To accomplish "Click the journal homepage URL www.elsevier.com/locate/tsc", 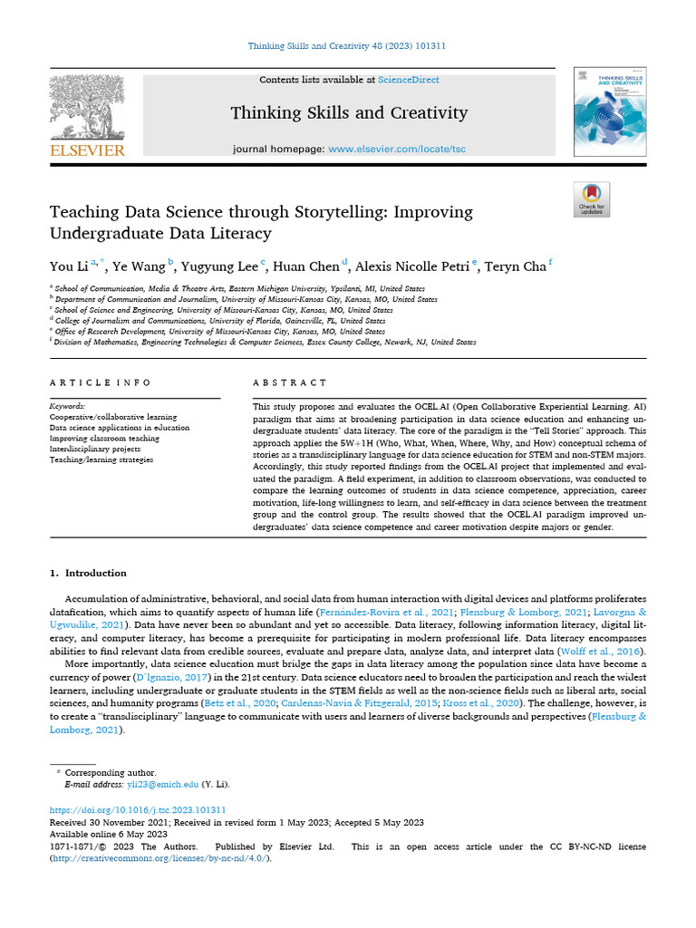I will tap(384, 148).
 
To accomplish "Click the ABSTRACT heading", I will tap(290, 383).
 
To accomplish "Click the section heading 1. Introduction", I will tap(88, 573).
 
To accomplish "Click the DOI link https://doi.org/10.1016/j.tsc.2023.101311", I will tap(137, 809).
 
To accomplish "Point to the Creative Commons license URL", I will tap(159, 858).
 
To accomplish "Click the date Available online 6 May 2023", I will tap(108, 834).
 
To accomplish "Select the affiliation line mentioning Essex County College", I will tap(263, 343).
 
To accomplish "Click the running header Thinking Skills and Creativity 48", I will tap(347, 45).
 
